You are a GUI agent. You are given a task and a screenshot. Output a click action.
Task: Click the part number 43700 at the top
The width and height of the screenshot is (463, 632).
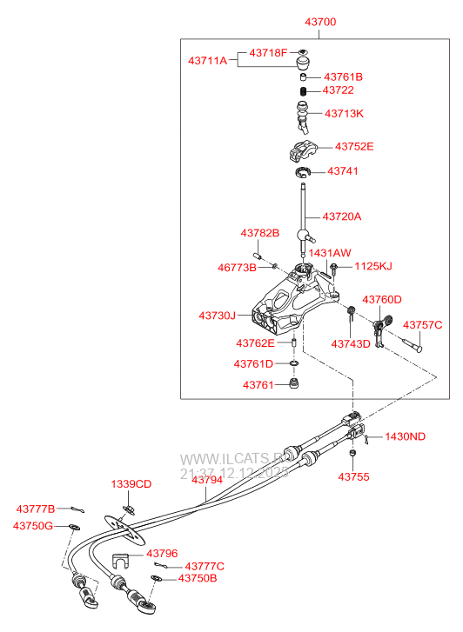(x=318, y=22)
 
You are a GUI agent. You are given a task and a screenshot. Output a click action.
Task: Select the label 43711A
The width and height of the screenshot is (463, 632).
(x=207, y=60)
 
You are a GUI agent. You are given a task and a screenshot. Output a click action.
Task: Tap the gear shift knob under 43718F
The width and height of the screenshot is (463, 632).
(x=304, y=65)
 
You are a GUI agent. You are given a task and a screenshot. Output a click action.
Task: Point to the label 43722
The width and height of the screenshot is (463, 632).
(x=338, y=90)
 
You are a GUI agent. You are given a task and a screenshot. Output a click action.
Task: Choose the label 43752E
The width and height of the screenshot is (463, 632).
(x=349, y=147)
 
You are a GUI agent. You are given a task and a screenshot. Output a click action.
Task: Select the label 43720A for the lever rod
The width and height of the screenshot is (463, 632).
(x=341, y=216)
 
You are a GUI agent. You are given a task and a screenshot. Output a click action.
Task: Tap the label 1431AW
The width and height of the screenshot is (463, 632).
(x=329, y=252)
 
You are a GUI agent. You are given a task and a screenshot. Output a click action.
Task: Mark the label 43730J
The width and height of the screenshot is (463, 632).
(x=217, y=316)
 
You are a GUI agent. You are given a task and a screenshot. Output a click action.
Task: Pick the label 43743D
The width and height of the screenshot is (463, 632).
(x=351, y=343)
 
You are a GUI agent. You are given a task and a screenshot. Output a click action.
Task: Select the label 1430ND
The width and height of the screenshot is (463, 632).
(x=405, y=436)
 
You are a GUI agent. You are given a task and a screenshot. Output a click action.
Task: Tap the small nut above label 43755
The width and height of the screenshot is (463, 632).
(x=352, y=455)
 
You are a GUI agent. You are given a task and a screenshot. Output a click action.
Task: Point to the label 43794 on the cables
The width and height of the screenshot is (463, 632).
(x=207, y=480)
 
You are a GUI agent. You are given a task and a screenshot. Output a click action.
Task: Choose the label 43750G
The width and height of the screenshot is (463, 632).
(x=33, y=526)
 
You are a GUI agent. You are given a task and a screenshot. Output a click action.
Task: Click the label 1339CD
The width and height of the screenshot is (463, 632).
(x=131, y=483)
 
